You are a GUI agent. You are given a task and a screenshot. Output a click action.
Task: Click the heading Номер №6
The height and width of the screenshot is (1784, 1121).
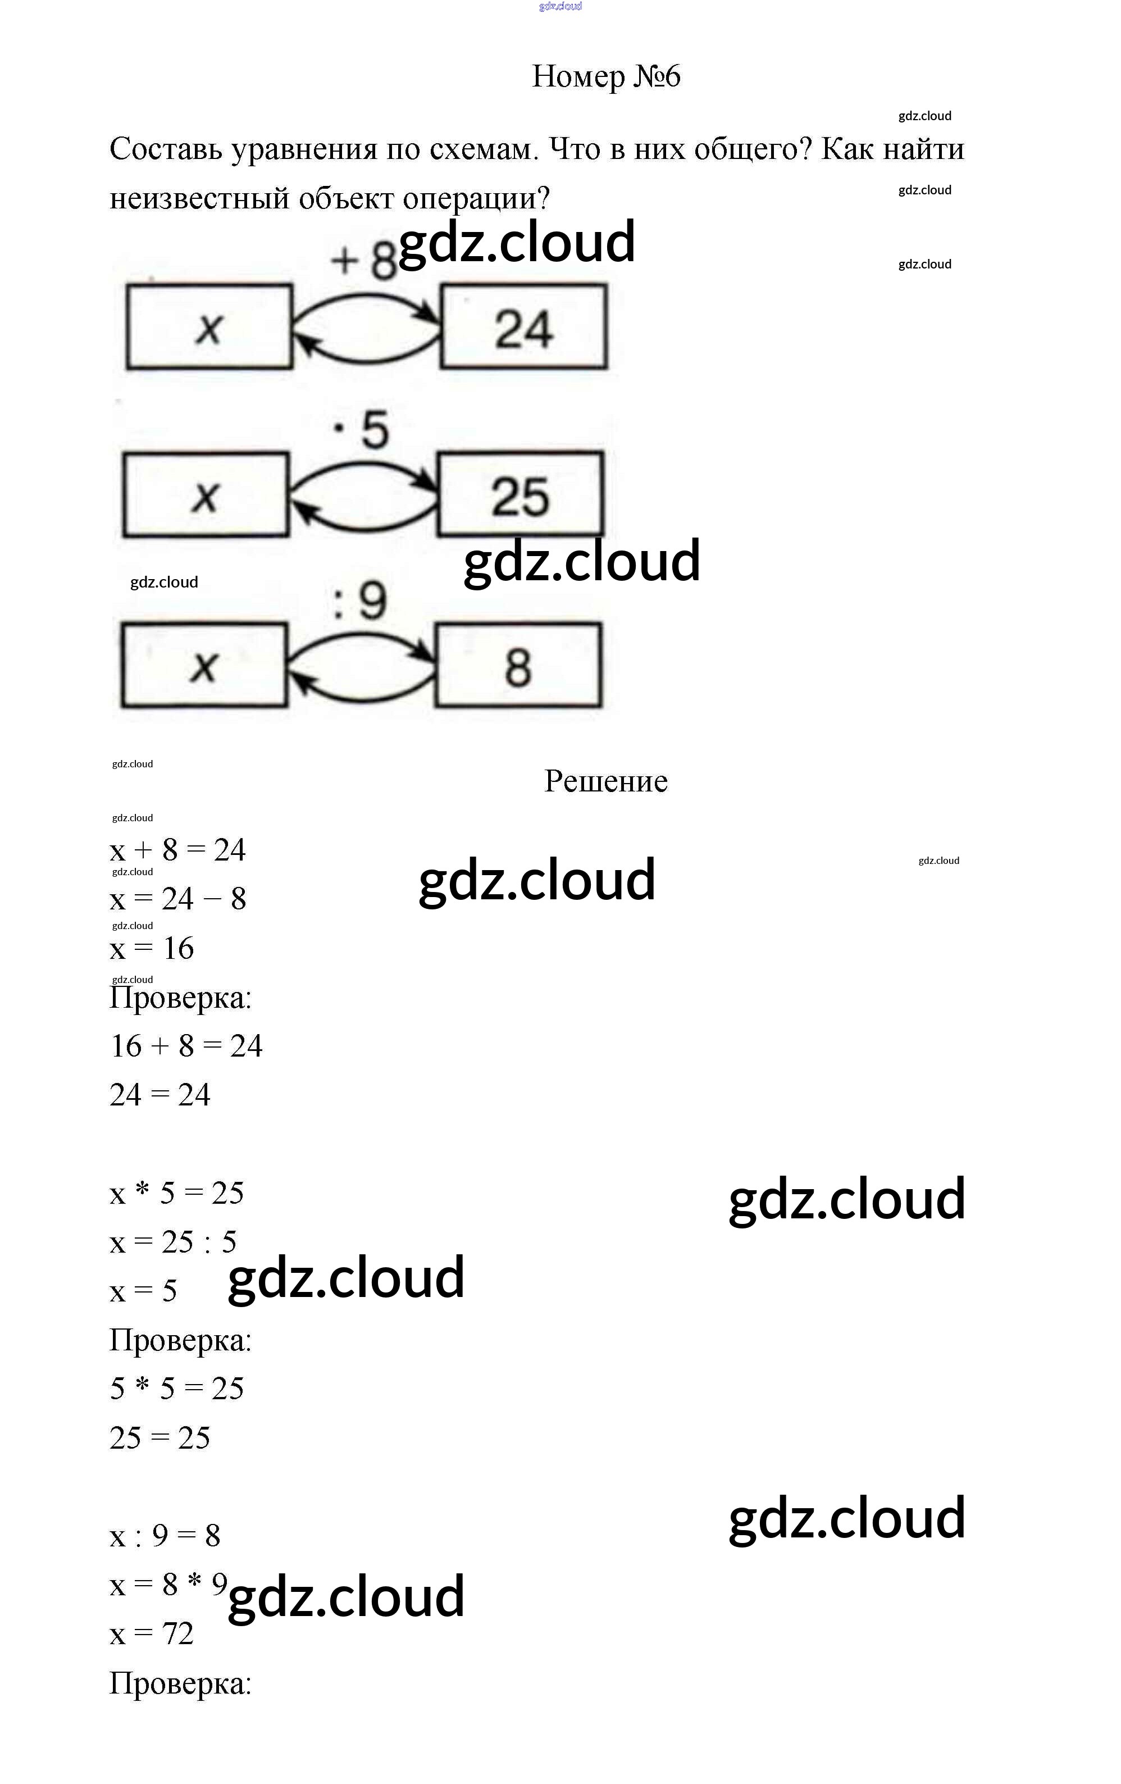coord(605,76)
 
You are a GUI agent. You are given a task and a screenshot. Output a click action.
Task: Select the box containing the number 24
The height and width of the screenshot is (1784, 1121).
coord(524,327)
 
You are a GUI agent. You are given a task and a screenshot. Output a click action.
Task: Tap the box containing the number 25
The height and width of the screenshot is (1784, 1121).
coord(520,494)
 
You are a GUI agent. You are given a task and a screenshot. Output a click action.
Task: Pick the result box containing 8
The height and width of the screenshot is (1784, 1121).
coord(518,665)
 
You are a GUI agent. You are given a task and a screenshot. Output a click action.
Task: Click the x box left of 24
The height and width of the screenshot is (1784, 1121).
coord(209,327)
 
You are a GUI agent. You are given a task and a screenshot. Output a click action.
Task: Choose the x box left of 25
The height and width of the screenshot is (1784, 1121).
coord(205,494)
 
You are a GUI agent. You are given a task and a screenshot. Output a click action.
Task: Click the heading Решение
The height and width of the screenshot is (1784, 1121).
coord(605,781)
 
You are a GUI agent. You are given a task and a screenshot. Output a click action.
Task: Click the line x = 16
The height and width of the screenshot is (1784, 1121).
coord(152,948)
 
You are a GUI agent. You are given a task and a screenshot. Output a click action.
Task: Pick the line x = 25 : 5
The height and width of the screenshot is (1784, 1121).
coord(172,1243)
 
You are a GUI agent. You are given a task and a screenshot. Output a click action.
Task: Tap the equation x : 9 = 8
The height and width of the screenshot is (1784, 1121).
coord(165,1536)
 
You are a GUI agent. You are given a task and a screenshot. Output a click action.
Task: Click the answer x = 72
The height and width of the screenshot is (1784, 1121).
coord(152,1633)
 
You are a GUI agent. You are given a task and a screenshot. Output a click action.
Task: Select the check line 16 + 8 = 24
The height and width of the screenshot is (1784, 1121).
coord(186,1046)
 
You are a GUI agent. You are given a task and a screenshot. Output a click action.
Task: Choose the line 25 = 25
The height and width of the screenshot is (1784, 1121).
coord(160,1438)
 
